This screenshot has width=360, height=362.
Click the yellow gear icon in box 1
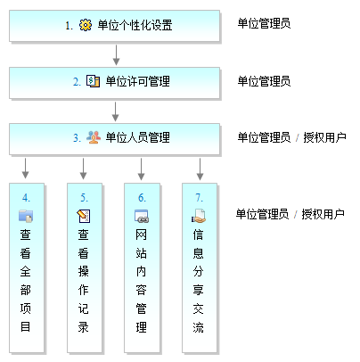point(86,25)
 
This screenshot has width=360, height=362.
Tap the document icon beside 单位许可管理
point(93,81)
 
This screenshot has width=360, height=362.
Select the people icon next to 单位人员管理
point(94,137)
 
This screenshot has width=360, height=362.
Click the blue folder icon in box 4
point(26,216)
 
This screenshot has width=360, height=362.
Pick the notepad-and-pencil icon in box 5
point(84,216)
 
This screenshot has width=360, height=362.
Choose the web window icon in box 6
point(142,216)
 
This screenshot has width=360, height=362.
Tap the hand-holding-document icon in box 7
point(199,216)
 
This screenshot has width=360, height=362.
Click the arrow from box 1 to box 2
point(116,55)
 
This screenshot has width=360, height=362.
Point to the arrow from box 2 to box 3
point(116,111)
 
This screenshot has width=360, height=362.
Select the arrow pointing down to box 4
point(26,169)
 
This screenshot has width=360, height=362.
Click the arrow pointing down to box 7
point(200,169)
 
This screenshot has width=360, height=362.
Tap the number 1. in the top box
point(70,26)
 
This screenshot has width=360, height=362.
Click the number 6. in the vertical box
point(142,198)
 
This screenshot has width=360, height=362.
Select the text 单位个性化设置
point(135,25)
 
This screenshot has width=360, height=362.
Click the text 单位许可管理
point(138,81)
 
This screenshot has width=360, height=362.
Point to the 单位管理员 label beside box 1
point(264,23)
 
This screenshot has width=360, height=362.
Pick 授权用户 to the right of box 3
point(324,137)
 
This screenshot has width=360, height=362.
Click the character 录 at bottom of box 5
point(84,327)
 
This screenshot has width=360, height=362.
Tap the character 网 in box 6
point(141,234)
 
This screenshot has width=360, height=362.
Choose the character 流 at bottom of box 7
point(198,327)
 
